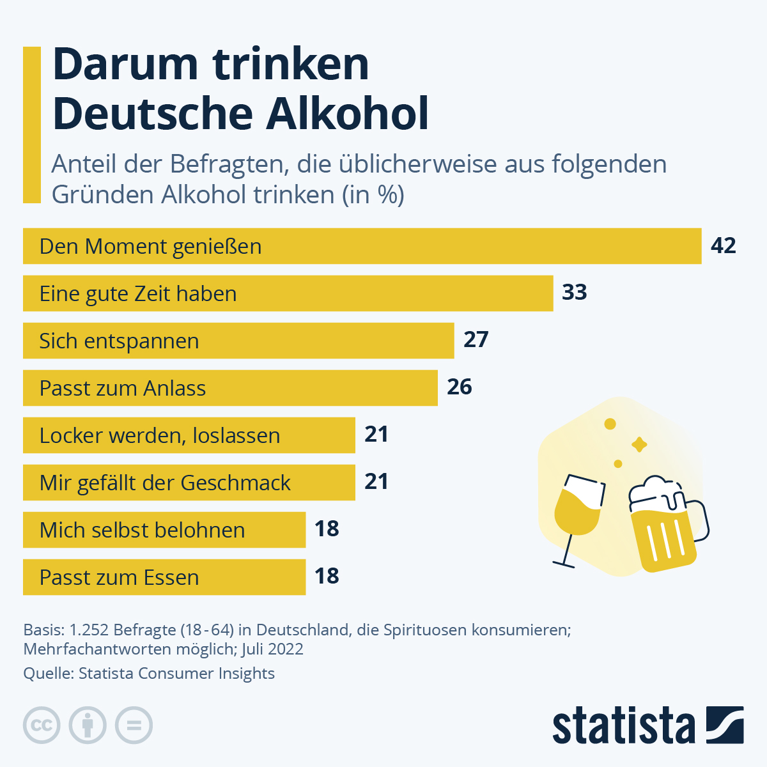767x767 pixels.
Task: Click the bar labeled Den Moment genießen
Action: (362, 246)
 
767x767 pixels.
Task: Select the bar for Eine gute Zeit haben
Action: (288, 293)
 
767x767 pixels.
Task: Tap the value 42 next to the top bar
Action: (723, 245)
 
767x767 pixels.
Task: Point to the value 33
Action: (574, 292)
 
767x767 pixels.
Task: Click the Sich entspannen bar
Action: (238, 341)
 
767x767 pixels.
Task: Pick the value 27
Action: (476, 339)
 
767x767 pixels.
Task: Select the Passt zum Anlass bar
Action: (230, 388)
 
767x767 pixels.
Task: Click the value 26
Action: (459, 387)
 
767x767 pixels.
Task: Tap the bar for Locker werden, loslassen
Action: (189, 435)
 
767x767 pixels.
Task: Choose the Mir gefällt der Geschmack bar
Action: (189, 483)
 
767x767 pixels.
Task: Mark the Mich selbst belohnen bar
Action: (164, 530)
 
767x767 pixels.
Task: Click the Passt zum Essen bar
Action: (164, 577)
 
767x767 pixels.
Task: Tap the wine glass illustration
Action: (577, 511)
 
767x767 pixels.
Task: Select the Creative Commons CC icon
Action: (42, 725)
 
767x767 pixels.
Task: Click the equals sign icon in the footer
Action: (134, 725)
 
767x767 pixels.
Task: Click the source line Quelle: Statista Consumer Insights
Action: (149, 673)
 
